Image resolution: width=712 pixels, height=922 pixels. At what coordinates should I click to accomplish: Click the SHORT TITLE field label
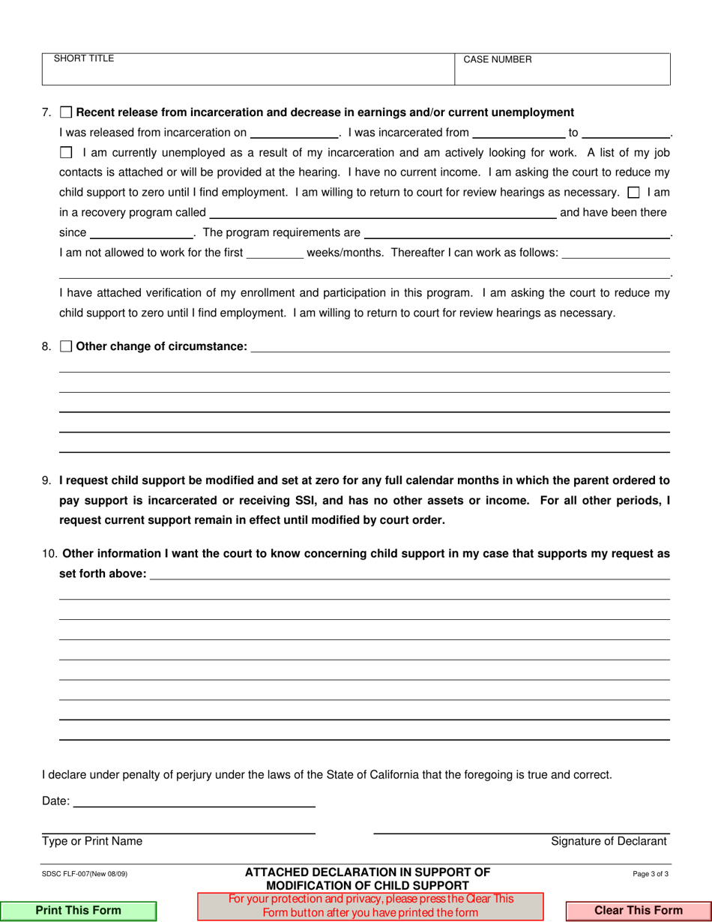click(x=83, y=58)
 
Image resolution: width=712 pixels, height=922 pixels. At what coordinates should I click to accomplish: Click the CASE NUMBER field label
click(x=498, y=60)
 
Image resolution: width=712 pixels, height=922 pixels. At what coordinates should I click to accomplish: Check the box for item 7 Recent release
click(x=66, y=112)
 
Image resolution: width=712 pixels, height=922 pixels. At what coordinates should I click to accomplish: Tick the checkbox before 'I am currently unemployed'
click(x=66, y=153)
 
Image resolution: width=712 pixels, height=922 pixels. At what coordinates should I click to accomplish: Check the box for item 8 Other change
click(x=66, y=346)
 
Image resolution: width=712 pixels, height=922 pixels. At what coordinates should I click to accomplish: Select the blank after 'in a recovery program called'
click(x=382, y=212)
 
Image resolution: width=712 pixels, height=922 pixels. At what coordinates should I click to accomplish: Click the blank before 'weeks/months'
click(x=274, y=253)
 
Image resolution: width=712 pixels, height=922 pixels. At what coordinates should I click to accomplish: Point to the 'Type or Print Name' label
click(x=92, y=842)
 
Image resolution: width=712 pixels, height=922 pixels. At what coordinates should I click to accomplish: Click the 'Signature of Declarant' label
click(x=609, y=842)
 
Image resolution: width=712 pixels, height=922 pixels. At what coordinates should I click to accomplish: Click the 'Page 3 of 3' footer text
click(x=651, y=874)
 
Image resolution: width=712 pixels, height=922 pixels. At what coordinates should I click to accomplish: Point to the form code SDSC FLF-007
click(x=85, y=874)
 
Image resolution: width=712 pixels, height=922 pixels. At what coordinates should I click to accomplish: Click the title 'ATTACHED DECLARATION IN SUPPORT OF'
click(x=367, y=872)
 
